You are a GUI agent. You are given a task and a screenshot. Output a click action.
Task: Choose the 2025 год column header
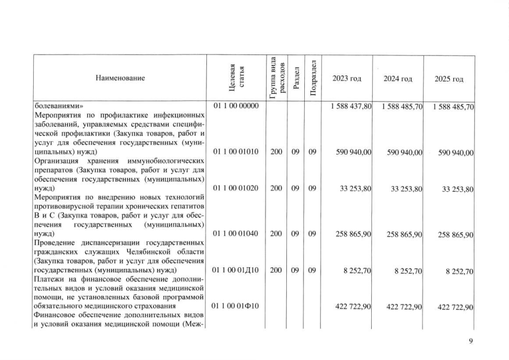[449, 78]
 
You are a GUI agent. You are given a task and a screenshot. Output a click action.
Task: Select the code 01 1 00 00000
[236, 106]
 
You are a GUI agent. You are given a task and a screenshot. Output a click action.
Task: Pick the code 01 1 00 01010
[236, 152]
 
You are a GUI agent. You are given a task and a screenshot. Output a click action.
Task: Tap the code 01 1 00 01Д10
[236, 271]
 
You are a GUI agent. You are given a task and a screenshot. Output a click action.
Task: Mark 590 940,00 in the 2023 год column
[353, 152]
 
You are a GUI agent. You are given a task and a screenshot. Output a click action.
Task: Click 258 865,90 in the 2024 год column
[403, 234]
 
